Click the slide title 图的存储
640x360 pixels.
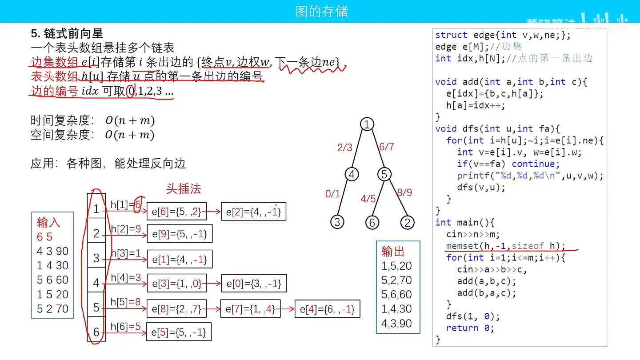pos(322,12)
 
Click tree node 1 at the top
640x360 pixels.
pos(367,125)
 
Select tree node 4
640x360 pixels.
pos(352,175)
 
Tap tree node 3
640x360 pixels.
pos(337,222)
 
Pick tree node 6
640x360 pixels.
pos(372,222)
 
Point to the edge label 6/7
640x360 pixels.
pos(386,147)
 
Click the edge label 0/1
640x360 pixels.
pos(332,194)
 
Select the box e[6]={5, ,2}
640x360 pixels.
pos(176,212)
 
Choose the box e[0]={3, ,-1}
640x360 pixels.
pos(253,284)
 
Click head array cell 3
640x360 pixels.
pos(96,258)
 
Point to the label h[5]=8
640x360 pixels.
pos(126,303)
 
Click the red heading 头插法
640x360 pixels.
pos(183,189)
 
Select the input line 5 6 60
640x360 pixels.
pos(52,280)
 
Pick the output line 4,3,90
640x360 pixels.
pos(396,323)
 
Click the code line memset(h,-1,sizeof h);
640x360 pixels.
pos(506,246)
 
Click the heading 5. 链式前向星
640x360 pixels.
pos(67,33)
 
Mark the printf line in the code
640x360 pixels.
pos(530,176)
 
